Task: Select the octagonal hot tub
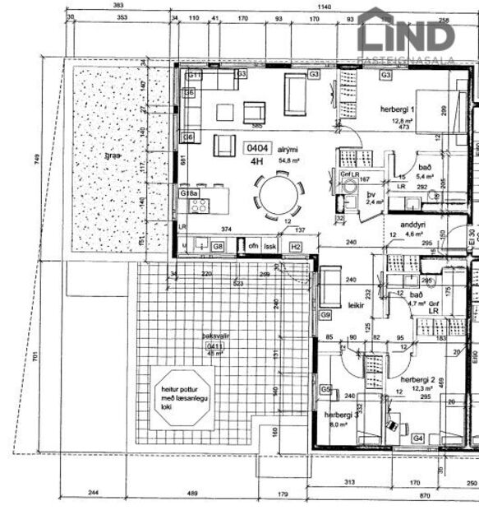184,395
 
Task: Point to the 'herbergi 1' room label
397,109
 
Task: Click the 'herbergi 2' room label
417,378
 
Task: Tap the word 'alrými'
286,141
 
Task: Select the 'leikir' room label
356,304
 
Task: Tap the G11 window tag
195,74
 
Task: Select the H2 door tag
296,246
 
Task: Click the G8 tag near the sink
218,246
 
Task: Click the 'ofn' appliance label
254,246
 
